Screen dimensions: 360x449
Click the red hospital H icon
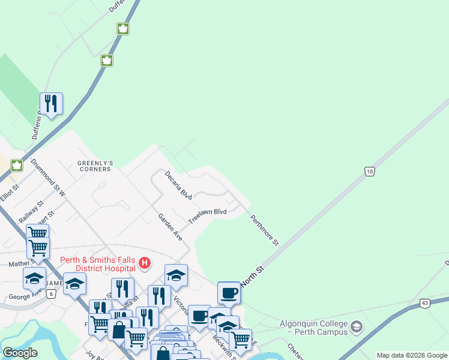(x=145, y=263)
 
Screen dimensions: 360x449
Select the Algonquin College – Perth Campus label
(x=313, y=328)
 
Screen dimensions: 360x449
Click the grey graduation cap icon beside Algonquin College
(x=357, y=327)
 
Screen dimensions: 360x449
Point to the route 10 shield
(x=370, y=172)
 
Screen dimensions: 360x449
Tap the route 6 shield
(x=52, y=293)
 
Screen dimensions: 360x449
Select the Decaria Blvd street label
(x=179, y=187)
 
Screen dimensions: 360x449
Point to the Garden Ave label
(x=170, y=227)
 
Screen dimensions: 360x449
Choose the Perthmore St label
(x=265, y=230)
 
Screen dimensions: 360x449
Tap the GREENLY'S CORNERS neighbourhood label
(x=94, y=166)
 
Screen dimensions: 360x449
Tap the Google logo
(x=20, y=353)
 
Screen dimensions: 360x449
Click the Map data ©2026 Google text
(x=412, y=355)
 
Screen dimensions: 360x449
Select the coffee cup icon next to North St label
(x=229, y=293)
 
